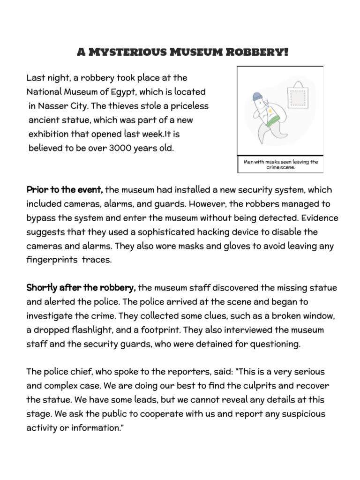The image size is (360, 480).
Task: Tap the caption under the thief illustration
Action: click(x=281, y=165)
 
